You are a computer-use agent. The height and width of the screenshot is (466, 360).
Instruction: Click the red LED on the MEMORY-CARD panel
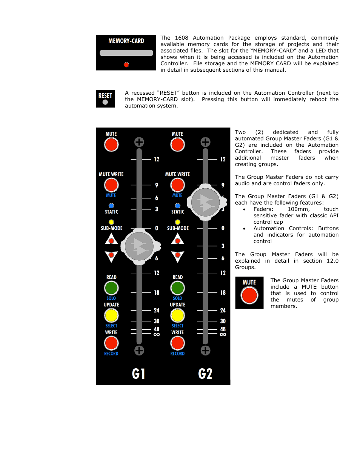pyautogui.click(x=126, y=65)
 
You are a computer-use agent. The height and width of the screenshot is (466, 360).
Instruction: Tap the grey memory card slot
pyautogui.click(x=126, y=53)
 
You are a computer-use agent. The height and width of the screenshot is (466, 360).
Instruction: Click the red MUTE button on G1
pyautogui.click(x=111, y=145)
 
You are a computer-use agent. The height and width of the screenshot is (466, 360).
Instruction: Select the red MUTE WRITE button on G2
pyautogui.click(x=178, y=185)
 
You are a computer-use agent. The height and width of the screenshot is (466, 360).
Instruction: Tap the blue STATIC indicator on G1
pyautogui.click(x=111, y=206)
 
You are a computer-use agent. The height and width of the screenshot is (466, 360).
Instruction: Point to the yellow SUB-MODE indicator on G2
pyautogui.click(x=178, y=222)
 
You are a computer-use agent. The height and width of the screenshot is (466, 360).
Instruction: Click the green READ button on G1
pyautogui.click(x=111, y=288)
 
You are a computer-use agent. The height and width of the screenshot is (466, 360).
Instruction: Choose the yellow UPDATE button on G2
pyautogui.click(x=178, y=315)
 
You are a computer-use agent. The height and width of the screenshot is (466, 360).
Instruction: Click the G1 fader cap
pyautogui.click(x=139, y=246)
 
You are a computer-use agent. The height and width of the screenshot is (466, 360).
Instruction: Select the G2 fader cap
pyautogui.click(x=206, y=202)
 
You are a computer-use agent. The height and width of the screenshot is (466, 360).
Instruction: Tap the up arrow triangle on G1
pyautogui.click(x=111, y=239)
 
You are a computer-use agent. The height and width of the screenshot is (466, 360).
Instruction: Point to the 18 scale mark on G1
pyautogui.click(x=157, y=292)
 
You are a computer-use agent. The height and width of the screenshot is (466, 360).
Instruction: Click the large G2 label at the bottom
pyautogui.click(x=205, y=374)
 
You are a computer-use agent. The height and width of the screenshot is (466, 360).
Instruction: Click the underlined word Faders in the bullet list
pyautogui.click(x=262, y=209)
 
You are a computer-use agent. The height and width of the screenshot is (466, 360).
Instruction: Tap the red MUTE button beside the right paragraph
pyautogui.click(x=249, y=295)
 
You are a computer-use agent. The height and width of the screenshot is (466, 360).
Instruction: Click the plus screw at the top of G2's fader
pyautogui.click(x=206, y=142)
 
